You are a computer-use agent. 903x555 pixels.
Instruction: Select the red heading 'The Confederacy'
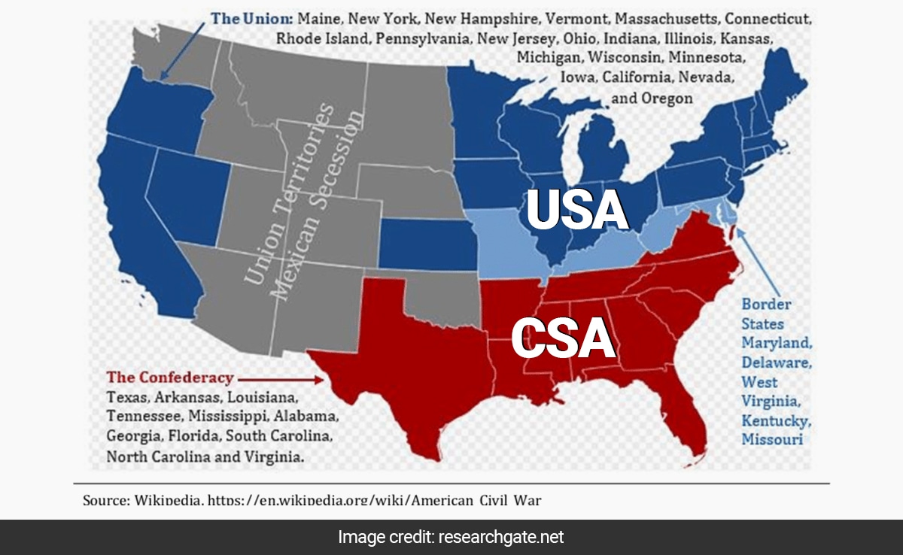coord(170,378)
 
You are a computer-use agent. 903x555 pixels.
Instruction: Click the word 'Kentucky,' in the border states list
coord(776,420)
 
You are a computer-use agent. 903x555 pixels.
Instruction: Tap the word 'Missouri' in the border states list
coord(772,439)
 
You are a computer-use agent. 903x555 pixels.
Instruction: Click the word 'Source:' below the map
coord(106,499)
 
